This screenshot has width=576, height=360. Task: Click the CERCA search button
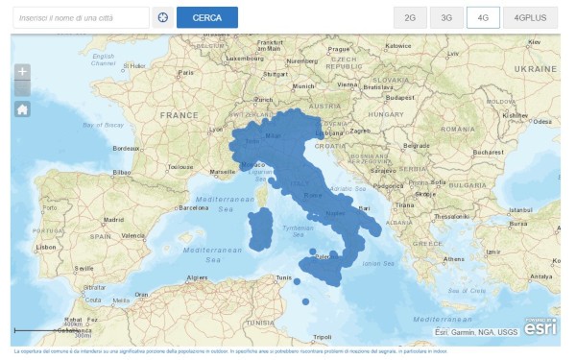point(207,17)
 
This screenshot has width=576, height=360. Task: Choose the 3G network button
point(445,17)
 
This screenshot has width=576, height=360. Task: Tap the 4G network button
point(483,17)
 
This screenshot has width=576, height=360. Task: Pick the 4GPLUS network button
point(530,17)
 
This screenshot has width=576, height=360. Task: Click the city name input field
point(82,17)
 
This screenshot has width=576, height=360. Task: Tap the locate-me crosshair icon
point(162,17)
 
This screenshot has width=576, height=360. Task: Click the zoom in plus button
point(23,72)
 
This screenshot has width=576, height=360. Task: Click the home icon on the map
point(23,108)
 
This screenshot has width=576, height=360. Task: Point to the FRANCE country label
point(177,114)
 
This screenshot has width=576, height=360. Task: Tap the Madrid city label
point(114,220)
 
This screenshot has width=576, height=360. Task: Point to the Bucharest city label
point(486,152)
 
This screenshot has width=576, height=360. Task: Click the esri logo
point(540,325)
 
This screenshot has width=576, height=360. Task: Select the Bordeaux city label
point(127,149)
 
